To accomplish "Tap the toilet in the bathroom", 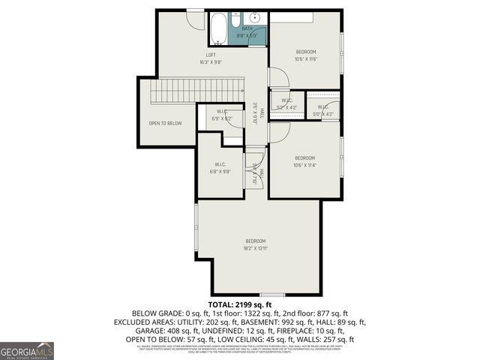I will coord(235,18).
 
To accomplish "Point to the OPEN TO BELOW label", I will coord(165,123).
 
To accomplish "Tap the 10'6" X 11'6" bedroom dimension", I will coord(305,59).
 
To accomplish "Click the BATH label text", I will coord(247,28).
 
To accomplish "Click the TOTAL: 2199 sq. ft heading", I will coord(239,304).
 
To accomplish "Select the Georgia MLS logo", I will coord(27,350).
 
